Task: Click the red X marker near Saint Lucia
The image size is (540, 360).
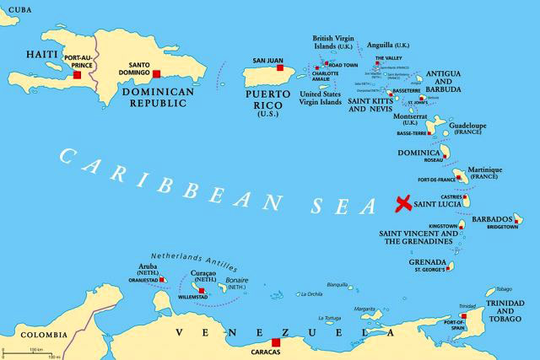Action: point(404,202)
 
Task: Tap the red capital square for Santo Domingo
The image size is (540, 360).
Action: point(156,74)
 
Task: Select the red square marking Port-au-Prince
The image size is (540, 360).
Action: point(77,75)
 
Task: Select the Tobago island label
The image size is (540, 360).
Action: point(504,288)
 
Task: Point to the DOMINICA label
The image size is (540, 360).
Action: point(419,153)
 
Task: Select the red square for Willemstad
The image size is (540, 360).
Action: point(201,290)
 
